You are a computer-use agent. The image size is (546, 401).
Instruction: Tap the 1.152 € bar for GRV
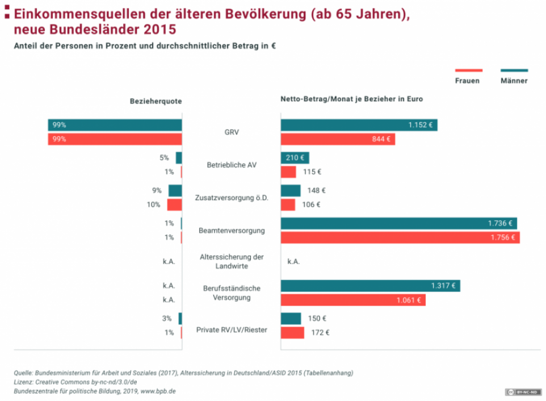[359, 125]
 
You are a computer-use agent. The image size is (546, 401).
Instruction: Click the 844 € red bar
[338, 139]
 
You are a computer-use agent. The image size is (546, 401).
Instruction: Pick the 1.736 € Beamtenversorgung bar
[398, 223]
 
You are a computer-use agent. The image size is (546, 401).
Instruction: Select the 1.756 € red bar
[400, 237]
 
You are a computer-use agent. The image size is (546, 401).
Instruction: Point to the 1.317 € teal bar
[370, 286]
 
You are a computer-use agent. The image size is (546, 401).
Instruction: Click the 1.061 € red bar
[352, 300]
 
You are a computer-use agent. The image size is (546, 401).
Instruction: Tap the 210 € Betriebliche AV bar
[295, 158]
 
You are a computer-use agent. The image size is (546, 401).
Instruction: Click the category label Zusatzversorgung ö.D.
[231, 198]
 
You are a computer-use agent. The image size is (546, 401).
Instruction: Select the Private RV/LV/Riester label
[231, 330]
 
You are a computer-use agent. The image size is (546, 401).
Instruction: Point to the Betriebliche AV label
[231, 165]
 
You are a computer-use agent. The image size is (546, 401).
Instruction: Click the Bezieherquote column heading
[156, 101]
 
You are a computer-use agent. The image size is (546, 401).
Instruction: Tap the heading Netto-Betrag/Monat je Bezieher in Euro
[351, 99]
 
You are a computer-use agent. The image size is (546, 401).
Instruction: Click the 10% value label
[153, 204]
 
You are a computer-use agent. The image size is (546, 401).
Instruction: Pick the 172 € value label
[320, 333]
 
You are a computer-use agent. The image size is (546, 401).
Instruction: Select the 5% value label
[164, 158]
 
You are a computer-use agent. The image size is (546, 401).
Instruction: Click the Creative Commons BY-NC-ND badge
[523, 392]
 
